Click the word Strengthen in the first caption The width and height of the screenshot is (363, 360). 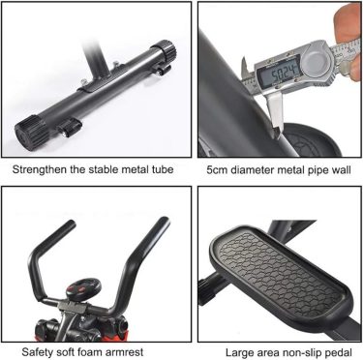40,169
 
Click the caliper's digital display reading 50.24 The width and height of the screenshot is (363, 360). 279,74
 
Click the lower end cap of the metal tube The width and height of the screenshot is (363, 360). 31,133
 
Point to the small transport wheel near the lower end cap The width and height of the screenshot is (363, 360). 69,128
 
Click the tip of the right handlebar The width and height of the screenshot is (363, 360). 164,221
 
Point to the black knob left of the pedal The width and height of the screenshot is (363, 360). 205,291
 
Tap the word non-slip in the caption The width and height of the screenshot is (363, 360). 302,352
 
